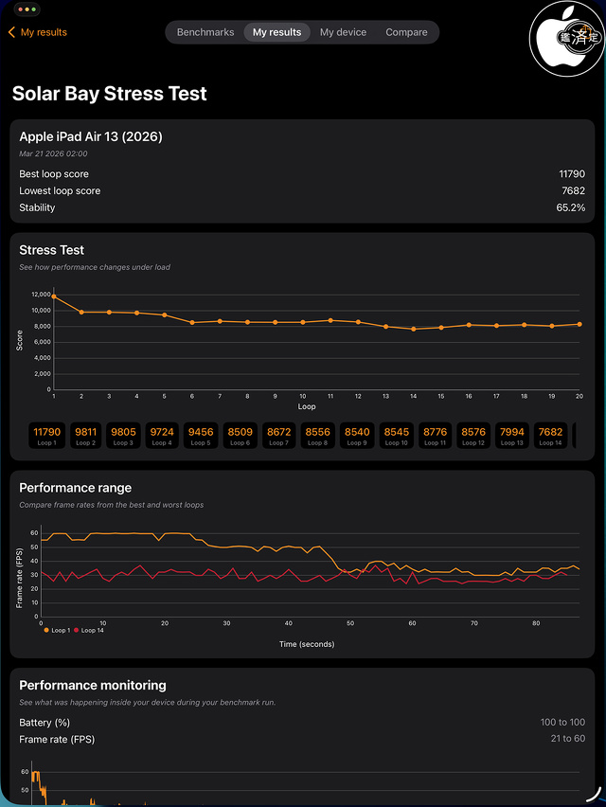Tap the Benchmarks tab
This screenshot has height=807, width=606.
click(x=205, y=32)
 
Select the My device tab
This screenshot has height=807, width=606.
click(x=343, y=32)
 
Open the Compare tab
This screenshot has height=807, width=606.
click(x=406, y=32)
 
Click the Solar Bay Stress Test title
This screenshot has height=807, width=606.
click(x=109, y=94)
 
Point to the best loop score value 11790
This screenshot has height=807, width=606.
click(x=571, y=174)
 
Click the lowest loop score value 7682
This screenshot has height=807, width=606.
click(x=573, y=191)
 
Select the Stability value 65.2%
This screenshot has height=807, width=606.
click(x=570, y=207)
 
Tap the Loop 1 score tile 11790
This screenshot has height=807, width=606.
click(x=46, y=436)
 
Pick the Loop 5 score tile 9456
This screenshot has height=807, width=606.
click(x=201, y=436)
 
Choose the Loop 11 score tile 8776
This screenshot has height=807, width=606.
click(x=434, y=436)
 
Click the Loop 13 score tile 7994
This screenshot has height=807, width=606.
click(x=511, y=436)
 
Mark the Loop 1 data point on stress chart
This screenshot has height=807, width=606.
click(x=54, y=296)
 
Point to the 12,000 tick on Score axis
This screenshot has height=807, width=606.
click(x=40, y=296)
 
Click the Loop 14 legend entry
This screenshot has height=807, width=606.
click(x=92, y=630)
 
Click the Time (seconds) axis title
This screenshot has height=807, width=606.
click(x=306, y=644)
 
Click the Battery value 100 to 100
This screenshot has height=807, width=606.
click(x=562, y=723)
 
